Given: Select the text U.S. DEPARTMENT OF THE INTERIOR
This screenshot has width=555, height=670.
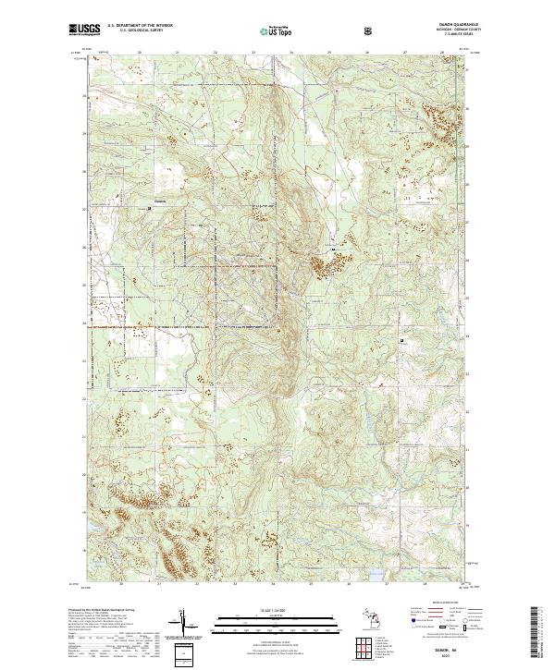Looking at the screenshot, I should click(x=140, y=26).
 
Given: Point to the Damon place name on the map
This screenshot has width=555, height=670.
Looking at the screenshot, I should click(x=159, y=201).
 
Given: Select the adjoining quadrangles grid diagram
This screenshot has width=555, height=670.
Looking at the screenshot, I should click(x=368, y=650).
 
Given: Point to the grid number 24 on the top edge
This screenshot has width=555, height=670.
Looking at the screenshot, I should click(x=290, y=53).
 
